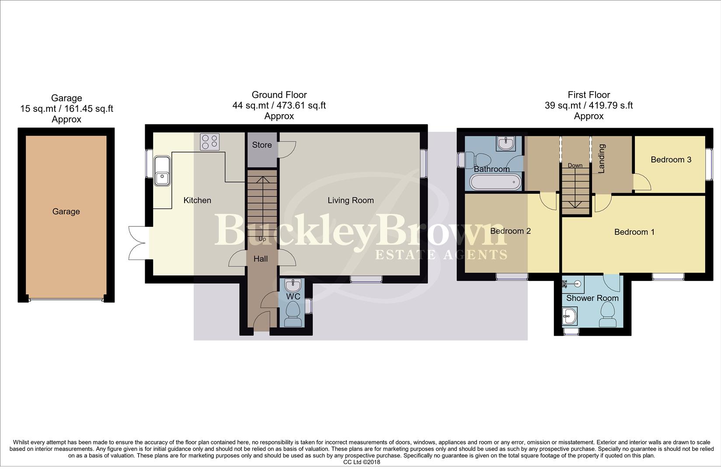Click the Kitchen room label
click(x=197, y=200)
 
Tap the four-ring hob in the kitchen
click(x=210, y=142)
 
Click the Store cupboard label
click(x=262, y=145)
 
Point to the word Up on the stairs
click(x=262, y=239)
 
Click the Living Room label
click(x=351, y=200)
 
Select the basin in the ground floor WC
click(x=293, y=286)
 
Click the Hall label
click(x=261, y=259)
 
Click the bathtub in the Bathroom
click(x=495, y=182)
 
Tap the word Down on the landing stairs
click(x=575, y=165)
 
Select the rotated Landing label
click(x=602, y=159)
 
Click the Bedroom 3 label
click(x=671, y=160)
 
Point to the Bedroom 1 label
click(x=634, y=232)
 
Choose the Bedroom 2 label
click(x=510, y=231)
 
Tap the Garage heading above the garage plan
click(x=66, y=98)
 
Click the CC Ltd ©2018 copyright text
click(x=362, y=462)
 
